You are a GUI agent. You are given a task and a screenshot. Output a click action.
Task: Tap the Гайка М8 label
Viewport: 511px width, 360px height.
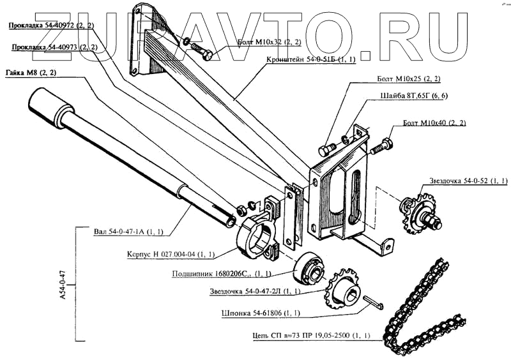tap(31, 71)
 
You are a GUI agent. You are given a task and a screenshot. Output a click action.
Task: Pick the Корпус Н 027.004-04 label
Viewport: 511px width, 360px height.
tap(169, 255)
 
